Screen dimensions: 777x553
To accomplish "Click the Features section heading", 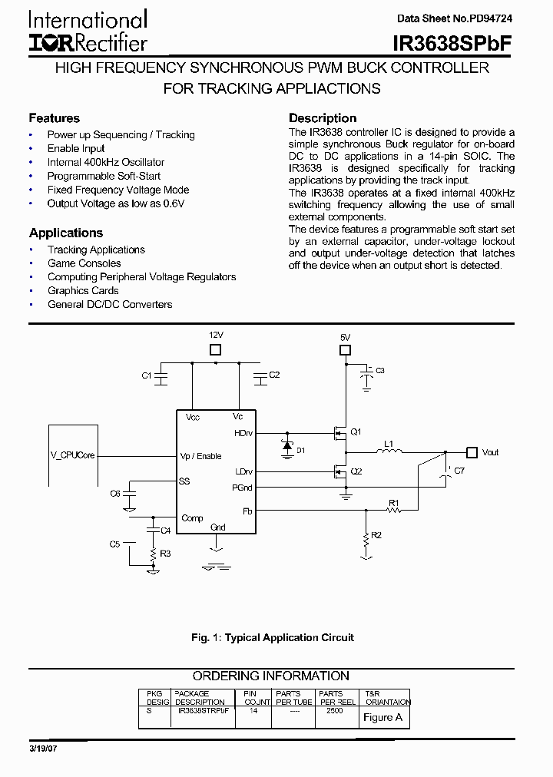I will (x=55, y=118).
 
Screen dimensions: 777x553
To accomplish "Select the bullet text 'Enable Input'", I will (x=76, y=148).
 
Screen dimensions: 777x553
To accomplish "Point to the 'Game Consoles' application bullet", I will (x=84, y=263).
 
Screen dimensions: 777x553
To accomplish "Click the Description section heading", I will (x=323, y=118).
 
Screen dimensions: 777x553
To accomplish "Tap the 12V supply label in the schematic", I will (x=216, y=336).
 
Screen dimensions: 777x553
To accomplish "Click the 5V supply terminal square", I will (x=345, y=351).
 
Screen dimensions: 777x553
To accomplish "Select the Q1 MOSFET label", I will (x=356, y=431).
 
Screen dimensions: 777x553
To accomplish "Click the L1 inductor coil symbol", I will (x=389, y=452).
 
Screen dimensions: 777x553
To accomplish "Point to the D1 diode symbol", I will (x=287, y=445).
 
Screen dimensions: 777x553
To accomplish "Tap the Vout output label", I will (x=490, y=452).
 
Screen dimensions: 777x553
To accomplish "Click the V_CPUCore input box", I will (x=73, y=455).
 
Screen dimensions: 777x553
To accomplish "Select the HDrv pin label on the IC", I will (x=243, y=434).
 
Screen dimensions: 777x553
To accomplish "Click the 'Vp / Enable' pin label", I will (x=201, y=455).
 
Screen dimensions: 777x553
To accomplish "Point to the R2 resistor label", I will (x=376, y=535).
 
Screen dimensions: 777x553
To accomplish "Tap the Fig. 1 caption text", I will (x=273, y=637).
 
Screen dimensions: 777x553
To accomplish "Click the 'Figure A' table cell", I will (x=382, y=717).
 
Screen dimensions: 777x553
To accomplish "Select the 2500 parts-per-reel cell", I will (x=334, y=711).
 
